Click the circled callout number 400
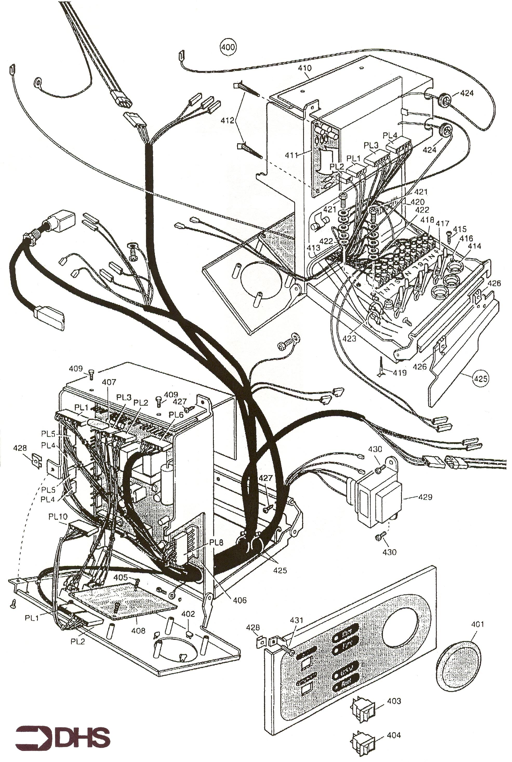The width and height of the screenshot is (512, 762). [228, 47]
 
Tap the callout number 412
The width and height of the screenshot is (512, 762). [227, 121]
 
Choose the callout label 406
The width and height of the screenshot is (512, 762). [240, 600]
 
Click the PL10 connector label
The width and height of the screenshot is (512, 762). [58, 517]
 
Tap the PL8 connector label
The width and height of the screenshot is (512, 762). [216, 542]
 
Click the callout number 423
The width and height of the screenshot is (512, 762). [349, 339]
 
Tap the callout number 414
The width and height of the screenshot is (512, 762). [474, 246]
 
